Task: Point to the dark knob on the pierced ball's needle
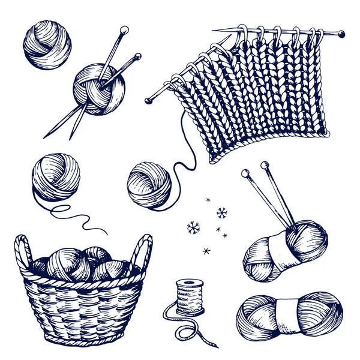click(138, 56)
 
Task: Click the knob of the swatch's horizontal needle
click(341, 34)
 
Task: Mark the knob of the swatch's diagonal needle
click(148, 101)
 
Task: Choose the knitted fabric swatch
click(264, 96)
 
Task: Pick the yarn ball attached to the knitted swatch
click(149, 185)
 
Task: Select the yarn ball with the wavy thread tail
click(55, 177)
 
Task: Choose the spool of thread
click(190, 297)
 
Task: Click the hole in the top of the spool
click(190, 281)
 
